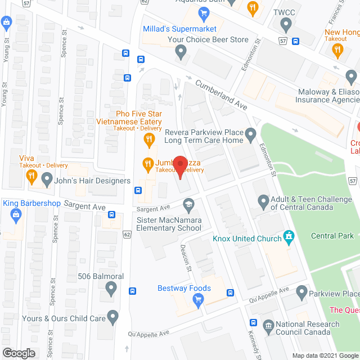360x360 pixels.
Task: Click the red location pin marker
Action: tap(179, 164)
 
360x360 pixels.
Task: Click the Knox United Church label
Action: tap(247, 238)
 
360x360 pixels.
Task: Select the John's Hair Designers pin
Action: tap(47, 180)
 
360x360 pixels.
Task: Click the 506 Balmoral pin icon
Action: tap(111, 289)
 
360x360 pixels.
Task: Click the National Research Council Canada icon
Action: tap(268, 325)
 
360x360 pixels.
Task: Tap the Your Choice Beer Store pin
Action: tap(181, 52)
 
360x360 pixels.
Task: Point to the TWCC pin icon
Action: tap(286, 25)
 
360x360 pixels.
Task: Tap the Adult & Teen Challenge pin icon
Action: tap(263, 201)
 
